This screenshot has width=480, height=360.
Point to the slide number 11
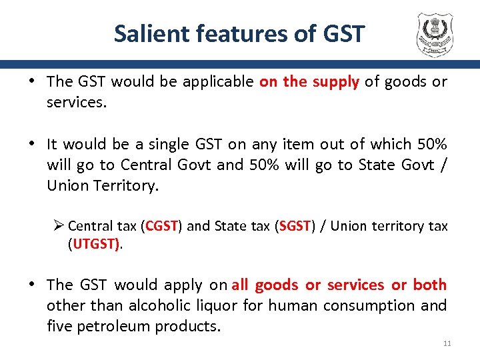[x=447, y=343]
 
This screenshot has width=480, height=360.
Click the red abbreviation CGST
[x=161, y=226]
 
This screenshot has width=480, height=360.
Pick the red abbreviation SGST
[x=295, y=226]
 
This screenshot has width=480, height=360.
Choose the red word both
[x=429, y=285]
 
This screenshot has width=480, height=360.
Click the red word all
[x=240, y=285]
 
